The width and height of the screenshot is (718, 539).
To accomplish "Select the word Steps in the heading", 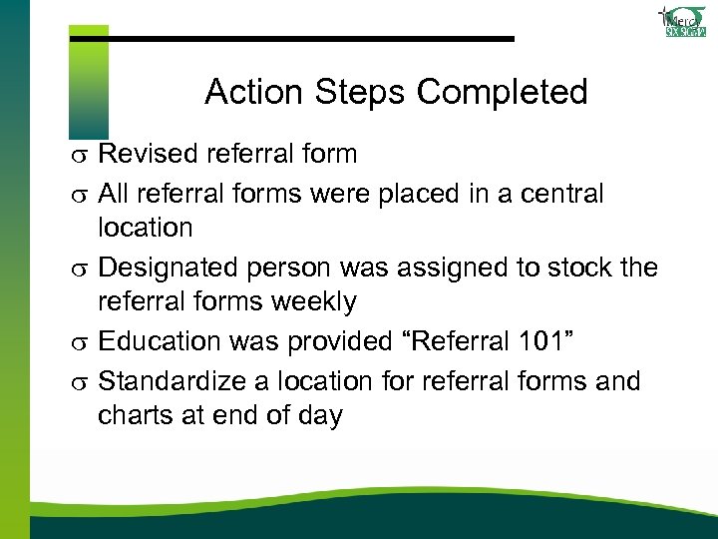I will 360,93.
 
